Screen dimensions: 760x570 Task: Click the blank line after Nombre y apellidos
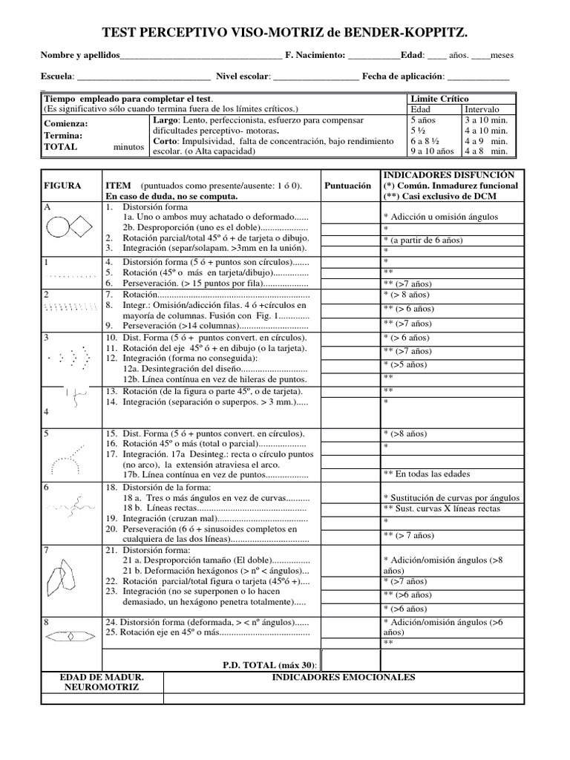[200, 56]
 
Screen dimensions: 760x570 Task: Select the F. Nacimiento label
[315, 56]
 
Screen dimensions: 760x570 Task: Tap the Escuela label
[56, 76]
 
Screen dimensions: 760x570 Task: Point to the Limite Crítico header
[439, 99]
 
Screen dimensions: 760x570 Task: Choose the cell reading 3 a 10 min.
[485, 119]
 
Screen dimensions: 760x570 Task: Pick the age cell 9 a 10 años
[432, 151]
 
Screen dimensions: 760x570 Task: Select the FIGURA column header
[63, 186]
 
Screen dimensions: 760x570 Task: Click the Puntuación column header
[347, 186]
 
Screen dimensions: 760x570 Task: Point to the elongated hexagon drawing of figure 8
[71, 636]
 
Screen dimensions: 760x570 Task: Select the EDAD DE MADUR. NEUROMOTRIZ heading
[101, 682]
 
